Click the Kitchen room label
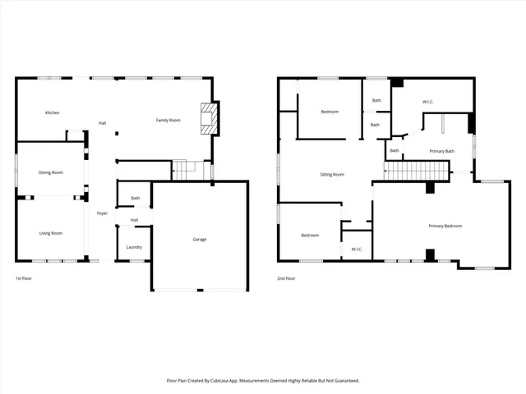pyautogui.click(x=52, y=112)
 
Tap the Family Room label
pyautogui.click(x=168, y=121)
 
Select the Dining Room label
pyautogui.click(x=51, y=172)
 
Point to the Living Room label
pyautogui.click(x=51, y=233)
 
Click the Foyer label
pyautogui.click(x=103, y=213)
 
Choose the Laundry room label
pyautogui.click(x=134, y=247)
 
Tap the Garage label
pyautogui.click(x=200, y=240)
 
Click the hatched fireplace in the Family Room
pyautogui.click(x=210, y=119)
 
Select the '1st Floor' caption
pyautogui.click(x=25, y=279)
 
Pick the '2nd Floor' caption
pyautogui.click(x=286, y=279)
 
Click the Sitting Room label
pyautogui.click(x=332, y=174)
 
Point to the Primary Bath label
pyautogui.click(x=441, y=151)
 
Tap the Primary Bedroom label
pyautogui.click(x=445, y=226)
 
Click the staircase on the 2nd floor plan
pyautogui.click(x=418, y=171)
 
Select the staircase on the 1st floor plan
pyautogui.click(x=190, y=170)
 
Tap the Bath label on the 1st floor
pyautogui.click(x=135, y=198)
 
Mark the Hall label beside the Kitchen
pyautogui.click(x=102, y=123)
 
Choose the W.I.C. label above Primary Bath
pyautogui.click(x=428, y=102)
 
